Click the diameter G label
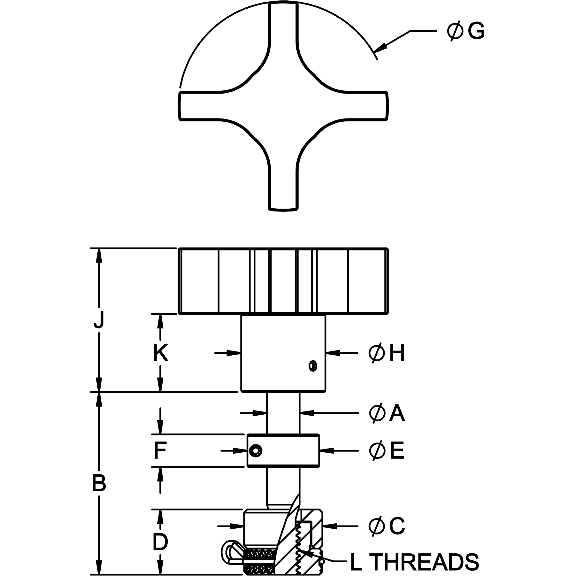pyautogui.click(x=466, y=31)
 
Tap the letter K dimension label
pyautogui.click(x=160, y=353)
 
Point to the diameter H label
pyautogui.click(x=387, y=353)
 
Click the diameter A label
pyautogui.click(x=387, y=413)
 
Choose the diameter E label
pyautogui.click(x=387, y=451)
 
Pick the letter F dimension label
pyautogui.click(x=160, y=451)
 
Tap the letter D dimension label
pyautogui.click(x=160, y=542)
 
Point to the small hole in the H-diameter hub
pyautogui.click(x=313, y=366)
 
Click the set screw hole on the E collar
pyautogui.click(x=256, y=451)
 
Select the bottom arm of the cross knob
pyautogui.click(x=283, y=188)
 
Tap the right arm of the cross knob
pyautogui.click(x=367, y=106)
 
